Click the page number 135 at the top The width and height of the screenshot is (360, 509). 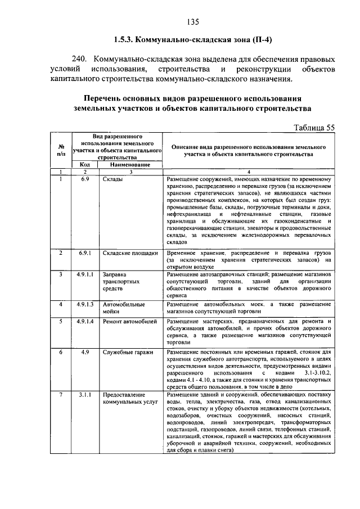193,22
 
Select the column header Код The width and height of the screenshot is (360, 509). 84,164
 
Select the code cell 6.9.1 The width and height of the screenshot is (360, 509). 85,253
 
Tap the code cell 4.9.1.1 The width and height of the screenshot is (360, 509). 85,274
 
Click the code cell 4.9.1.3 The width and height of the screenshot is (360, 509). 85,304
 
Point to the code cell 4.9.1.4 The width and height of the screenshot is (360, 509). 85,321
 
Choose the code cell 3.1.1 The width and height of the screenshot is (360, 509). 85,395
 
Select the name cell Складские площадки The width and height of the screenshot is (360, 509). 129,253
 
